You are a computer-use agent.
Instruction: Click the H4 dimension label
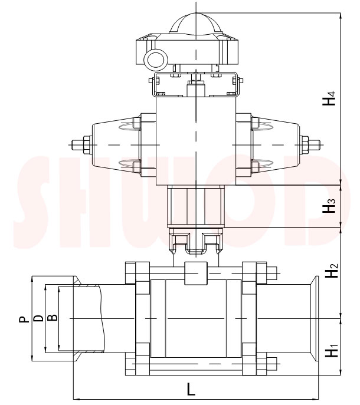click(332, 98)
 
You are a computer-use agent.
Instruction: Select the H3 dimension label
click(332, 206)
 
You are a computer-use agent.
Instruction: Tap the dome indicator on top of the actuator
click(194, 25)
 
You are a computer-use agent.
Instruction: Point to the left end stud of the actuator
click(77, 144)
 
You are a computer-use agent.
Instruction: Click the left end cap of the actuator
click(112, 144)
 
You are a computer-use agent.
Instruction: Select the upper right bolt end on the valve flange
click(272, 274)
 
